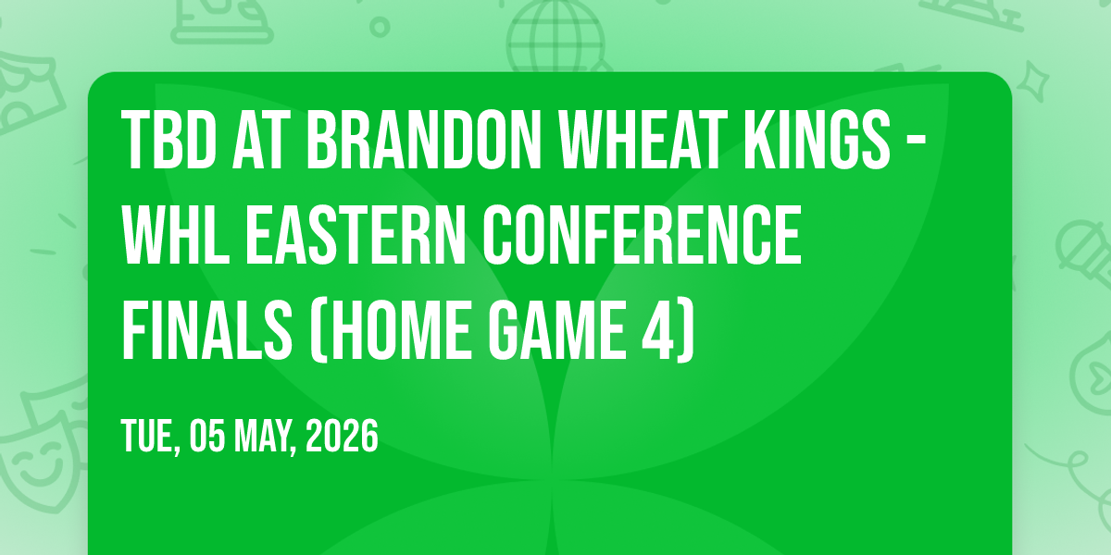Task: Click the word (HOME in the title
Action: pyautogui.click(x=391, y=330)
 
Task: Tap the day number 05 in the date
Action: pyautogui.click(x=206, y=436)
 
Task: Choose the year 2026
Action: pyautogui.click(x=342, y=436)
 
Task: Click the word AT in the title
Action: pyautogui.click(x=261, y=141)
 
